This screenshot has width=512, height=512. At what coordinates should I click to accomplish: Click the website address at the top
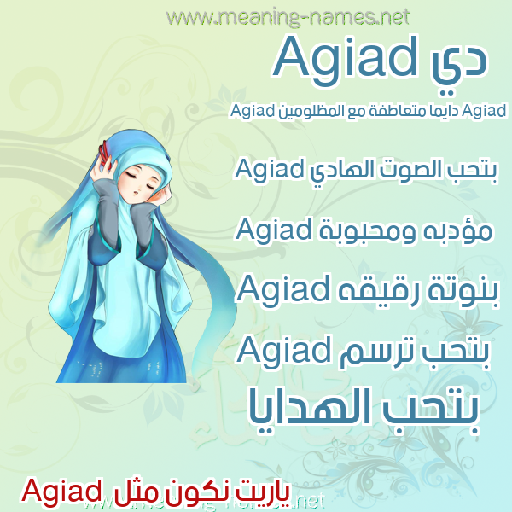288,17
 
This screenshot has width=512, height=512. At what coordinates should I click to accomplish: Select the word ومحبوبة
367,231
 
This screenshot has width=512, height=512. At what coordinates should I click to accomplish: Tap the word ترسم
370,352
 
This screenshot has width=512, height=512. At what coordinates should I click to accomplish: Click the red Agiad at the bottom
61,492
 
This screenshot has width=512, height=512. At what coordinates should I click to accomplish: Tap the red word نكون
192,494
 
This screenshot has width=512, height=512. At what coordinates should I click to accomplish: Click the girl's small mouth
135,193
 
